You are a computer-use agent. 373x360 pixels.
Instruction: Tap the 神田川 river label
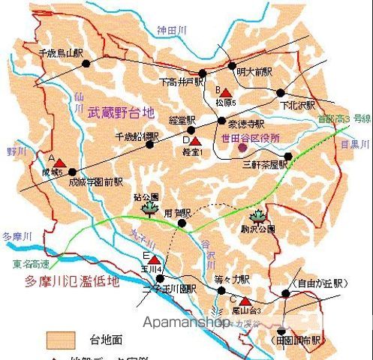coord(172,31)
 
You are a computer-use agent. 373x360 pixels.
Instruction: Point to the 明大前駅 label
coord(252,72)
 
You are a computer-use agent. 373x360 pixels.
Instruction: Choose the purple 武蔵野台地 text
coord(120,114)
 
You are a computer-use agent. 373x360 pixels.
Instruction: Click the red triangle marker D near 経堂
coord(196,140)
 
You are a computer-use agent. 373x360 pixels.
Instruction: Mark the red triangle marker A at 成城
coord(59,161)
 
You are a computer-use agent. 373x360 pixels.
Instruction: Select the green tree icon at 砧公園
coord(148,208)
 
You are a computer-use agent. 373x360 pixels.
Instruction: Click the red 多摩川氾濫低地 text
coord(82,283)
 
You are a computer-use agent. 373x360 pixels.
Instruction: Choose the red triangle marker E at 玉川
coord(153,259)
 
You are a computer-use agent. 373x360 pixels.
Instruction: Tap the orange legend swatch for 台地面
coord(62,339)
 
